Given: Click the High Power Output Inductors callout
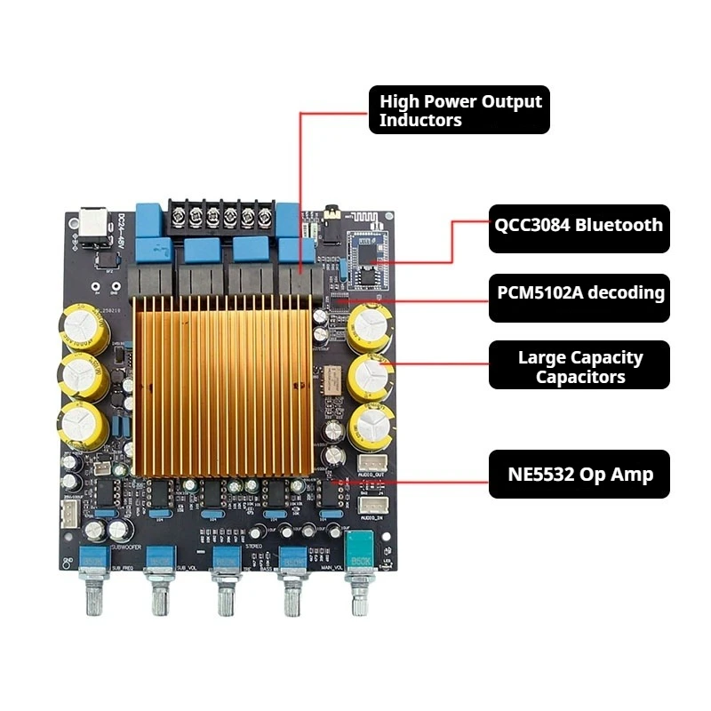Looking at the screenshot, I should point(459,110).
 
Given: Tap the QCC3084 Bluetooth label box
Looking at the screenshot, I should point(579,225).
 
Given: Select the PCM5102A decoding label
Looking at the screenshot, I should point(579,292).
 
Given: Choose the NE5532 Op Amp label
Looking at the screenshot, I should point(579,474).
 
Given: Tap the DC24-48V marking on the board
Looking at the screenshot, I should point(120,229).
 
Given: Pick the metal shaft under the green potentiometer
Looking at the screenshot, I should point(359,595).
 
